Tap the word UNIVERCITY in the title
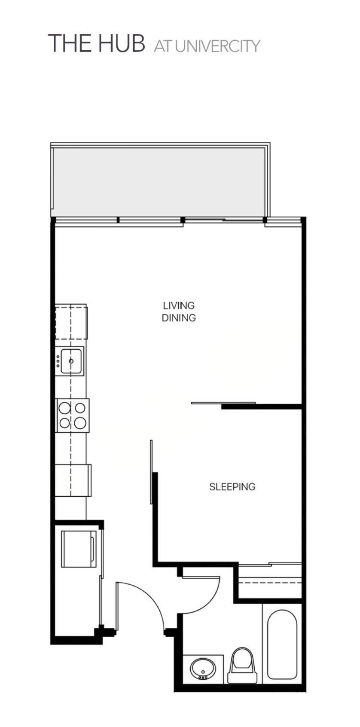[x=217, y=46]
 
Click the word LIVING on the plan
[x=179, y=306]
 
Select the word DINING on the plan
[x=179, y=318]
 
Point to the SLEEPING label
[x=232, y=487]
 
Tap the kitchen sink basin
[x=72, y=361]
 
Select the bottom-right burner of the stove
[x=80, y=423]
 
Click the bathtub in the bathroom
[x=282, y=645]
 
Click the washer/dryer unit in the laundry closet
[x=79, y=549]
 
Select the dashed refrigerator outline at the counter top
[x=71, y=322]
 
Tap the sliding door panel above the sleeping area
[x=223, y=403]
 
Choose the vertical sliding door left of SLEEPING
[x=151, y=471]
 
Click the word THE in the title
[x=69, y=43]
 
